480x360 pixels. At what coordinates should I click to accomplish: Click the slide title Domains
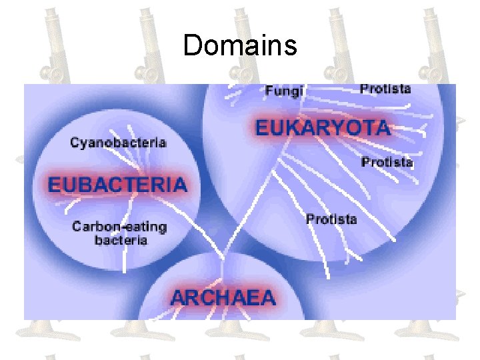239,45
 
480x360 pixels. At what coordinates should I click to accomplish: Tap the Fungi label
285,90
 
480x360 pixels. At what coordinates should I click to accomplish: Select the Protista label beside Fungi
385,89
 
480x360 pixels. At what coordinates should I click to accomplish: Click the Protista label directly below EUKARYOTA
387,162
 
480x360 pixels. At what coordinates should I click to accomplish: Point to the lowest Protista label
331,219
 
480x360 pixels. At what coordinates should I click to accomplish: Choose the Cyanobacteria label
118,142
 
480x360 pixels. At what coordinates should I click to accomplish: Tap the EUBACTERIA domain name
117,184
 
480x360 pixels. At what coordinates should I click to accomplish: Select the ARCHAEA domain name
223,297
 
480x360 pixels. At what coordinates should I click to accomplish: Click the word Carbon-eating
120,227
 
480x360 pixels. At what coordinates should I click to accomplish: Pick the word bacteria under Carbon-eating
121,240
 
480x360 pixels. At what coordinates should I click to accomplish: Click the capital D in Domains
192,45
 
